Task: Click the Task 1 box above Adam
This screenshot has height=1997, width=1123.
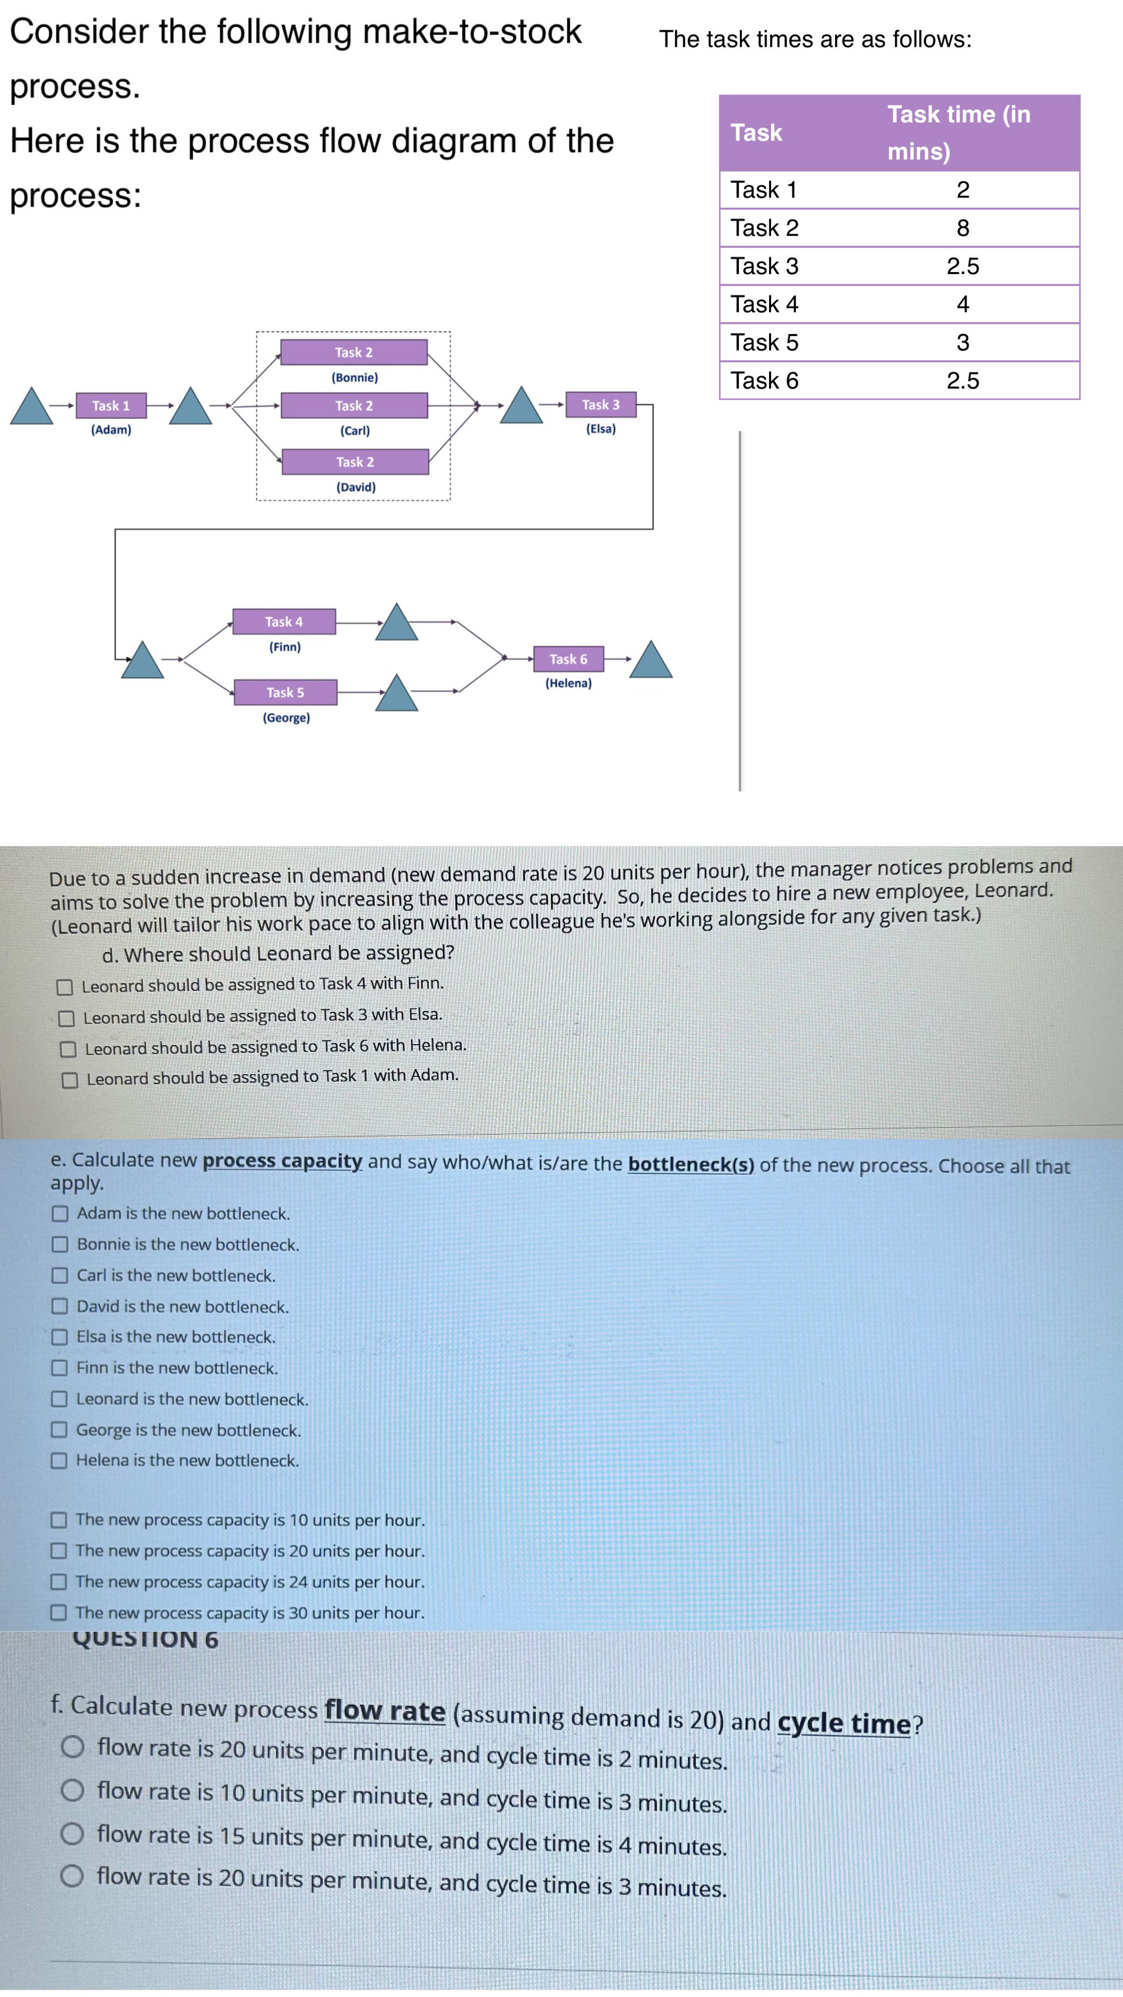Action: coord(111,405)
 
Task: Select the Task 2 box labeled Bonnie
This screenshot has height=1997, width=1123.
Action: coord(353,353)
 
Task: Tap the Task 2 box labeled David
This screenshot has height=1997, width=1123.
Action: coord(355,462)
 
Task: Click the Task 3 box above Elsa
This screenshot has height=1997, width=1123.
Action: coord(600,405)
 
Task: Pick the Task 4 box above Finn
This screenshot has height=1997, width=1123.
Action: coord(284,622)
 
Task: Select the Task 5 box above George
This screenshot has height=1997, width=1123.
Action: coord(285,692)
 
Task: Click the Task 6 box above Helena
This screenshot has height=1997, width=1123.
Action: coord(568,659)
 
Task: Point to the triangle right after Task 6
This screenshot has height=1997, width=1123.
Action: coord(651,660)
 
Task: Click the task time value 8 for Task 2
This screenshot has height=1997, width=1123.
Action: coord(963,228)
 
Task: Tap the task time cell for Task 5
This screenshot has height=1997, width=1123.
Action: coord(963,343)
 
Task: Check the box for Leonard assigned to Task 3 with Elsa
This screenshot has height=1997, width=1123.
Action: coord(67,1018)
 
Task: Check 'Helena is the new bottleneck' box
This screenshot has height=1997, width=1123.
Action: coord(59,1461)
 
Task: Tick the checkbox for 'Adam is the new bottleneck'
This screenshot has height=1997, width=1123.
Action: coord(59,1213)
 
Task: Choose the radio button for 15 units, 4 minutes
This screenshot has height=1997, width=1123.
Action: coord(72,1834)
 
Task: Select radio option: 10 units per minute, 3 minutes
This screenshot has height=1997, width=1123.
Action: coord(72,1790)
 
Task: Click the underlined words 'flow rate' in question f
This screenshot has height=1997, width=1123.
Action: coord(385,1710)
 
